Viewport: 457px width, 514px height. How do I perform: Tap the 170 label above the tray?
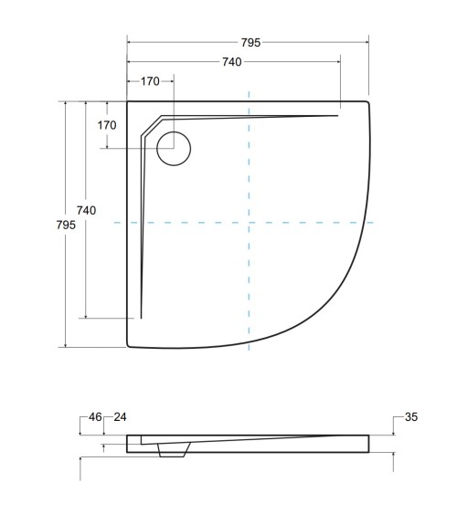[150, 81]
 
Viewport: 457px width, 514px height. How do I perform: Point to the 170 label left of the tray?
[107, 124]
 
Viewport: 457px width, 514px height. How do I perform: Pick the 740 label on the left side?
[86, 210]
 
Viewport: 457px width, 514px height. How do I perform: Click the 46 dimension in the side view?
[95, 417]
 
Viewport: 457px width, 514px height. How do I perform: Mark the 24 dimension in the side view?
[120, 417]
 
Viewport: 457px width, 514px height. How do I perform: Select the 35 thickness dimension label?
[410, 417]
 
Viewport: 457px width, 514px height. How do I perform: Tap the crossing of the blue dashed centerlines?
[249, 222]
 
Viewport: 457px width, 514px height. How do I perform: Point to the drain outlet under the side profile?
[172, 451]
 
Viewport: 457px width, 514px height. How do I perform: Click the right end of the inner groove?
[338, 115]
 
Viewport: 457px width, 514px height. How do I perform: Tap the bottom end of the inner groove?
[142, 317]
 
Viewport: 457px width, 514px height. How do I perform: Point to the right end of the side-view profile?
[368, 444]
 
